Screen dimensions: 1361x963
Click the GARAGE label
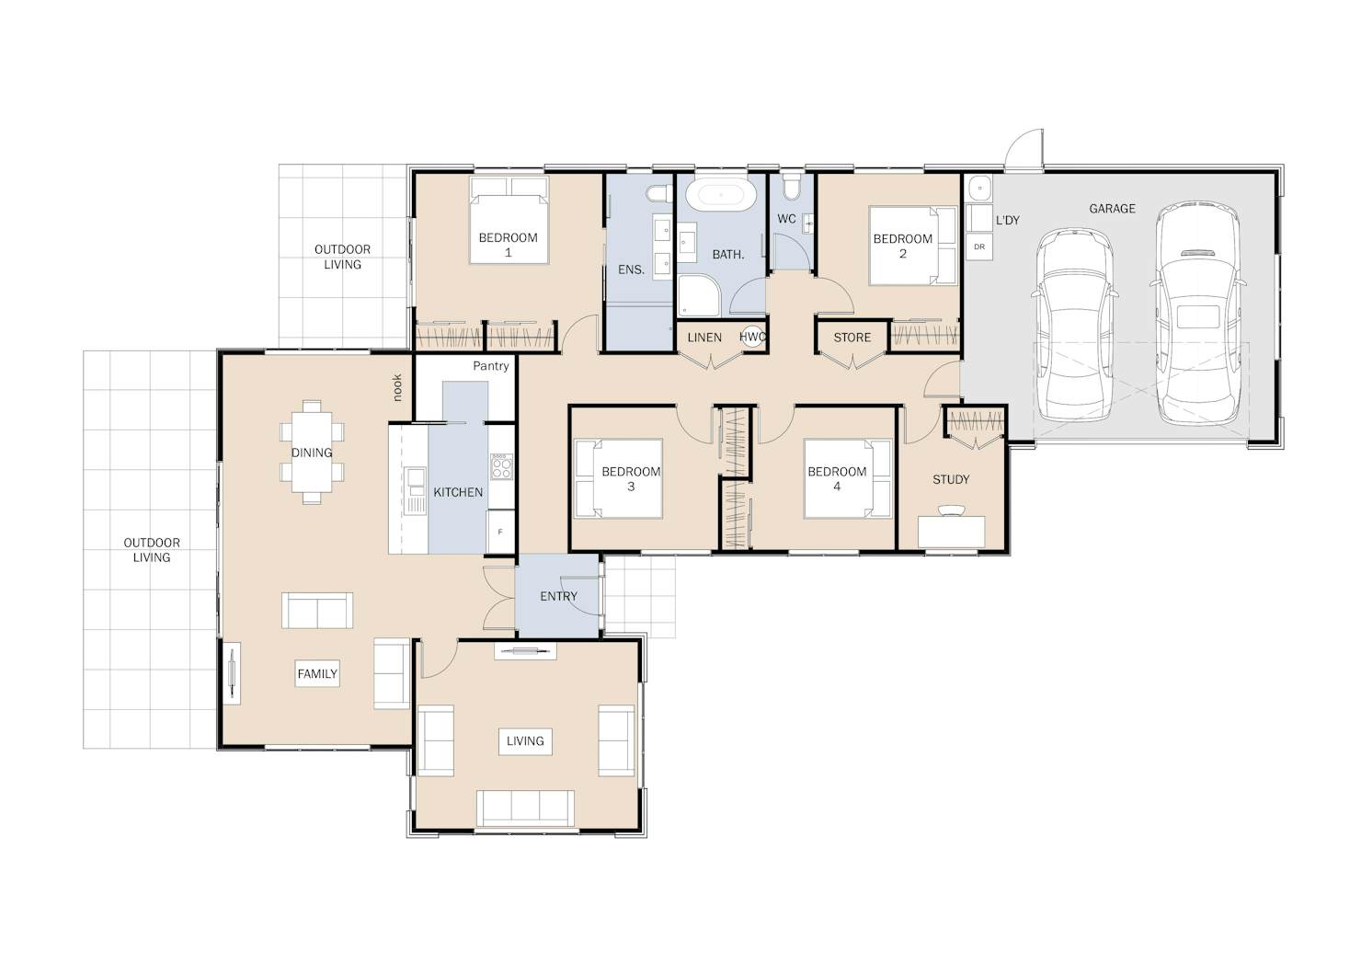[x=1112, y=209]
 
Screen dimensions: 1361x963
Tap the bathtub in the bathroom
[x=721, y=195]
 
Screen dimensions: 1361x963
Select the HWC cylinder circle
[x=753, y=338]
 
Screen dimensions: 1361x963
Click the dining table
[x=312, y=452]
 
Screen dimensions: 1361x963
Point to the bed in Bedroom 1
[x=509, y=220]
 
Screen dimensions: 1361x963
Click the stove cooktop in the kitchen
[x=502, y=466]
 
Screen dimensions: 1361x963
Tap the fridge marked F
[x=500, y=533]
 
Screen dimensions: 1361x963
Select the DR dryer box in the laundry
[x=978, y=247]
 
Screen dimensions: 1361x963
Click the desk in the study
[x=952, y=532]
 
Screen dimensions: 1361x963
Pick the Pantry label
[x=491, y=366]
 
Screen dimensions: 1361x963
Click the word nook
[x=397, y=387]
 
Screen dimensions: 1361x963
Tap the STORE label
[x=852, y=338]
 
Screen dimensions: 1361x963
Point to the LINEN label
[x=704, y=338]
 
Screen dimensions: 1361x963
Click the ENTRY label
[x=558, y=597]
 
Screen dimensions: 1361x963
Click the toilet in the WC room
[x=792, y=187]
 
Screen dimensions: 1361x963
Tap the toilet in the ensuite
[x=658, y=194]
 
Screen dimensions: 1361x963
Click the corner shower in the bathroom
[x=699, y=296]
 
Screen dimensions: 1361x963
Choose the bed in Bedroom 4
[x=848, y=479]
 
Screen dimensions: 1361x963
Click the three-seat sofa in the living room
[x=525, y=808]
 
